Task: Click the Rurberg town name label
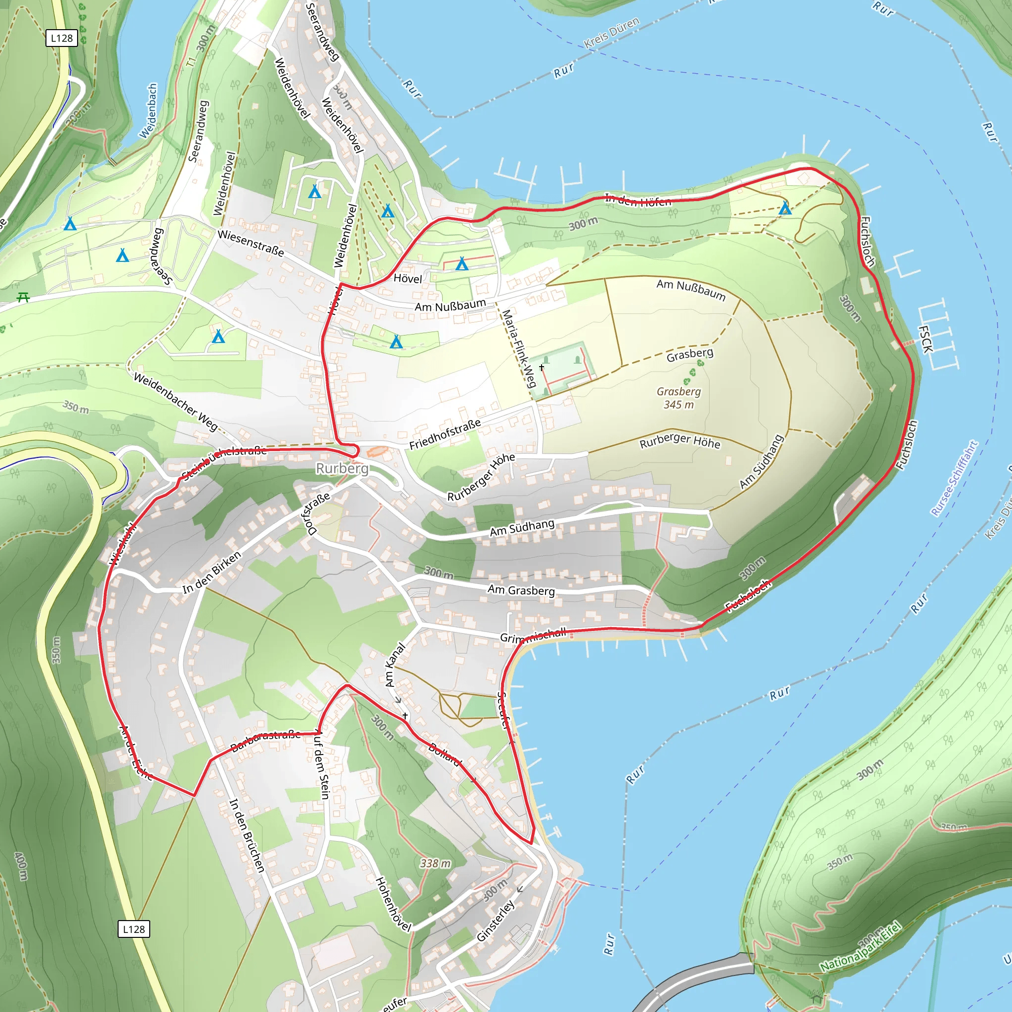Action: pyautogui.click(x=342, y=468)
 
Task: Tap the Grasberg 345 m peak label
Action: pyautogui.click(x=678, y=398)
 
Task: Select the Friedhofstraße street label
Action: pyautogui.click(x=445, y=434)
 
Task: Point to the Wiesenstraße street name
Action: pyautogui.click(x=251, y=244)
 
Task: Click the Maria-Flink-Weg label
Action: pyautogui.click(x=518, y=348)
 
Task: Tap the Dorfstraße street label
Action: pyautogui.click(x=316, y=513)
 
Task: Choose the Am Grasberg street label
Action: pyautogui.click(x=521, y=590)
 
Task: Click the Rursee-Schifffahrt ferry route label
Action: pyautogui.click(x=954, y=478)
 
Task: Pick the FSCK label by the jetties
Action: pyautogui.click(x=926, y=339)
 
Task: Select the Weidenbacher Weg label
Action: pyautogui.click(x=175, y=401)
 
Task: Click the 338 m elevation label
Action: pyautogui.click(x=435, y=863)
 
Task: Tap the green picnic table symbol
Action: pyautogui.click(x=23, y=297)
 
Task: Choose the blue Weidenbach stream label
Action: pyautogui.click(x=149, y=111)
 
